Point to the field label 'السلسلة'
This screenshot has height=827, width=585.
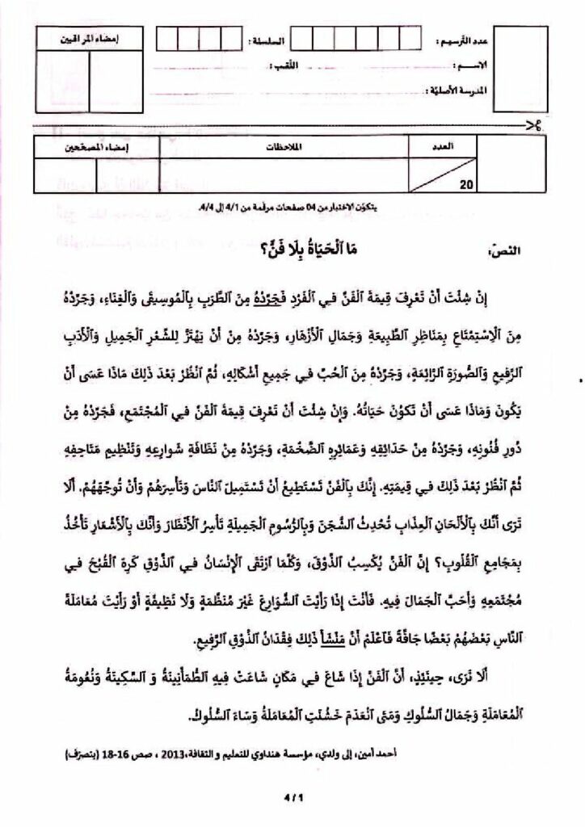click(268, 39)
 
